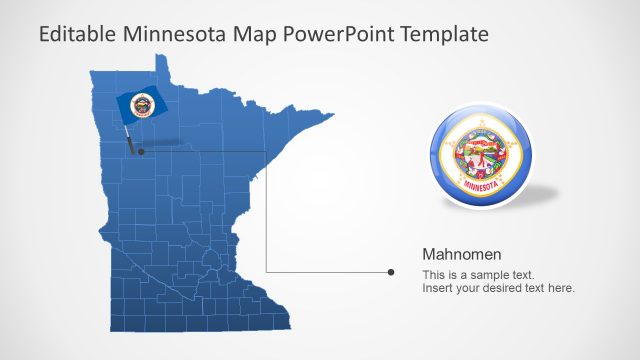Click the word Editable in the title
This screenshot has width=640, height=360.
(x=78, y=34)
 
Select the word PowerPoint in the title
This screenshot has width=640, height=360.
(x=340, y=34)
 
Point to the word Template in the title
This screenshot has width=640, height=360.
(x=444, y=34)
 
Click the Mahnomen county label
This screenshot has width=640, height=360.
(x=461, y=254)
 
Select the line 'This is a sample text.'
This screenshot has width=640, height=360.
(x=478, y=274)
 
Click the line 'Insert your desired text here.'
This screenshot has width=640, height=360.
(x=498, y=288)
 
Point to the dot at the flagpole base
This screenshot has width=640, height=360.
(x=141, y=151)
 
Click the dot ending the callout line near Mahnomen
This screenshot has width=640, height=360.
(x=390, y=271)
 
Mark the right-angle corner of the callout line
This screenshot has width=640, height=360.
(x=266, y=270)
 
